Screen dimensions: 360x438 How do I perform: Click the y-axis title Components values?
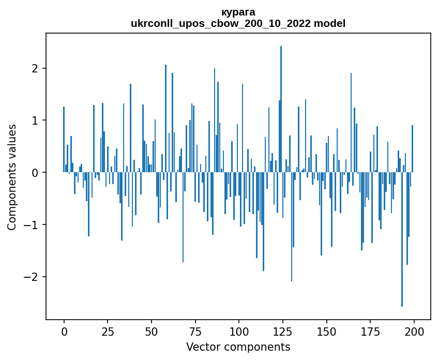(12, 177)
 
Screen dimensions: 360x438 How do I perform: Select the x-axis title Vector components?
(238, 347)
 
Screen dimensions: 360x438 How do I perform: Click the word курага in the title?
(238, 12)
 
